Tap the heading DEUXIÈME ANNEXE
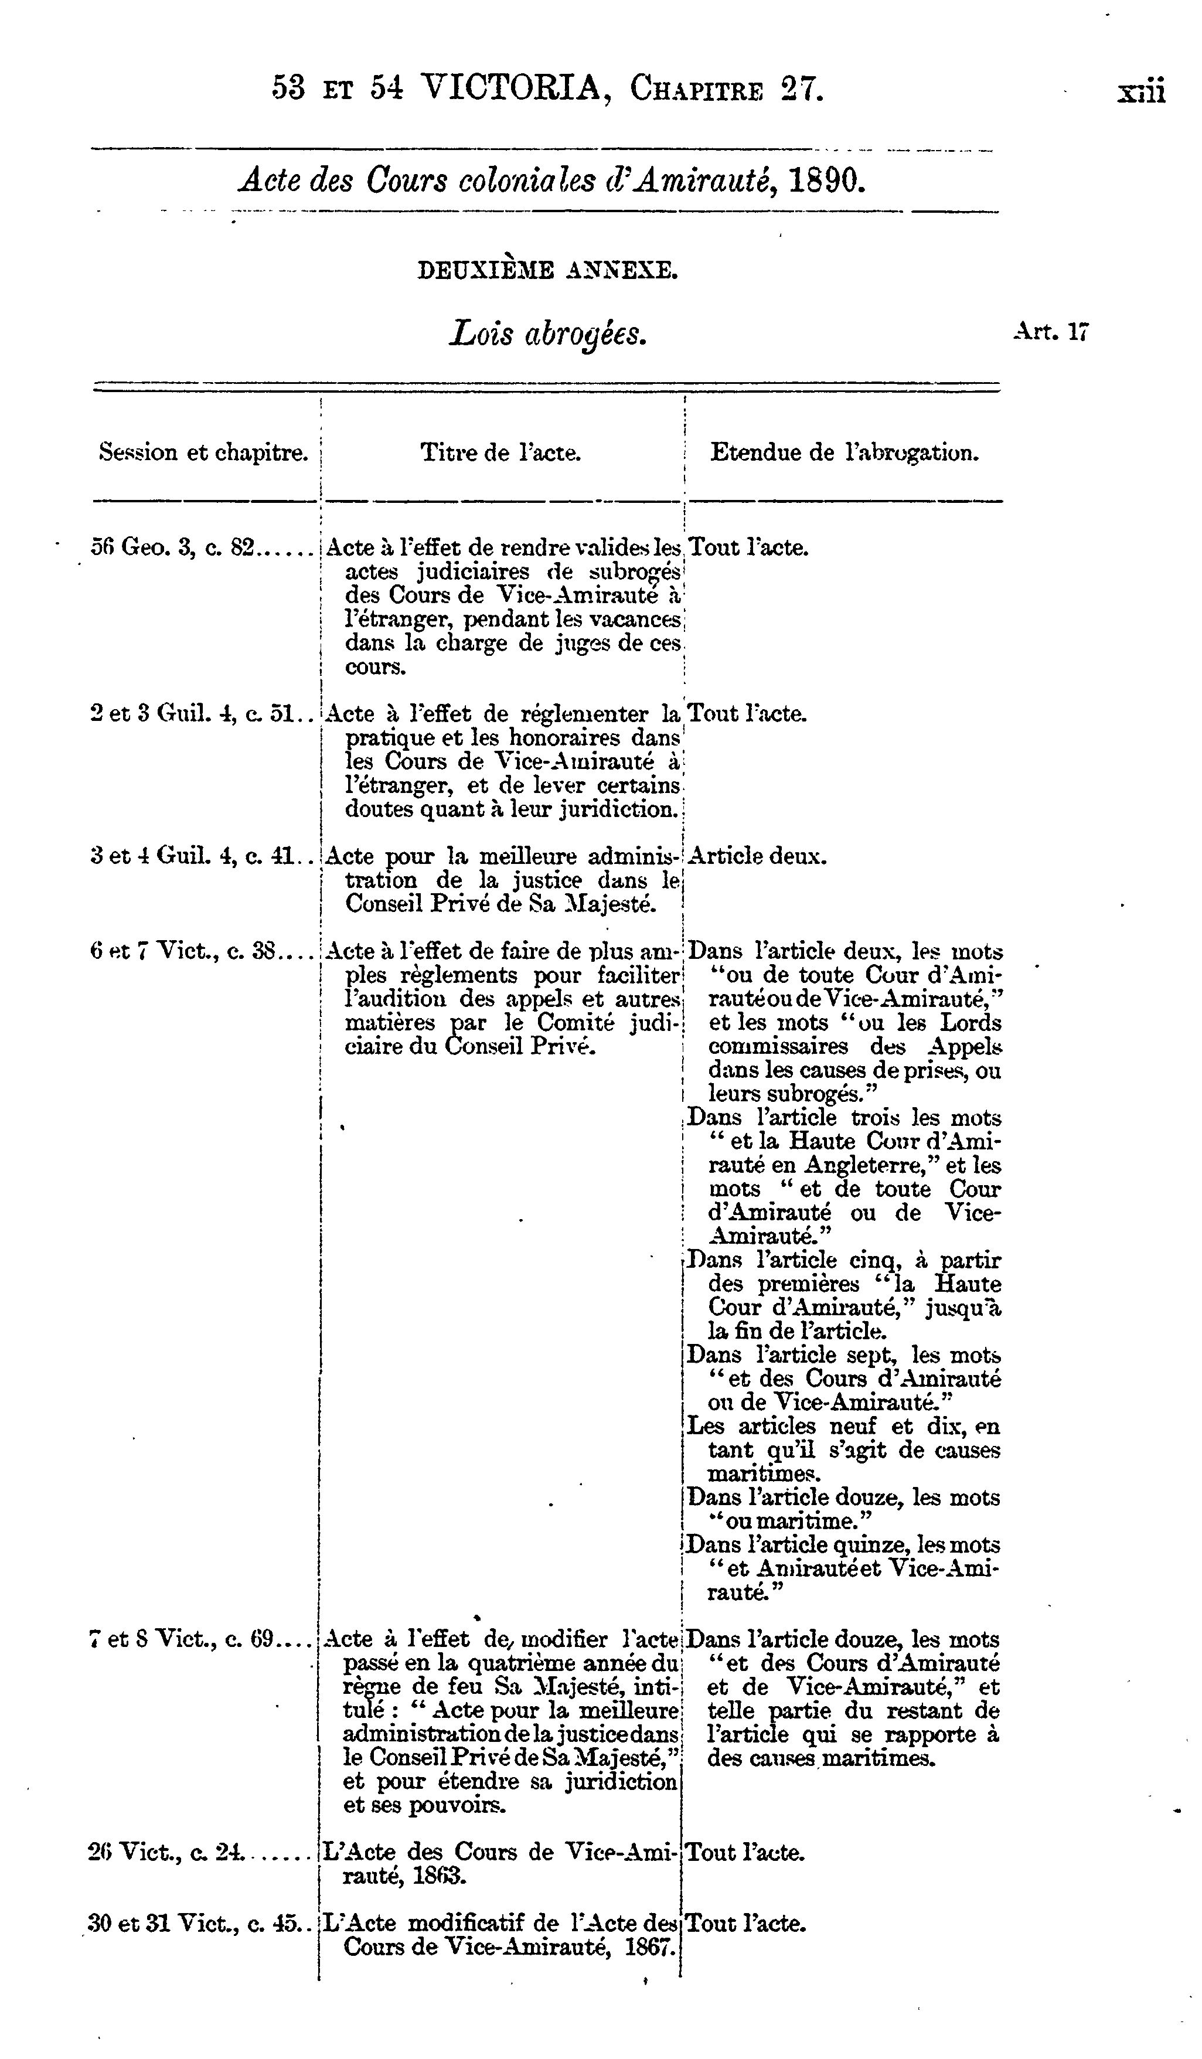(x=547, y=270)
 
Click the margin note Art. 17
(x=1050, y=331)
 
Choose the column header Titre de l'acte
(x=500, y=452)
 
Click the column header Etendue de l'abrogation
(x=844, y=452)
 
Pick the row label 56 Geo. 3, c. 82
(x=173, y=547)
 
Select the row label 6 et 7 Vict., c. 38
(x=185, y=951)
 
